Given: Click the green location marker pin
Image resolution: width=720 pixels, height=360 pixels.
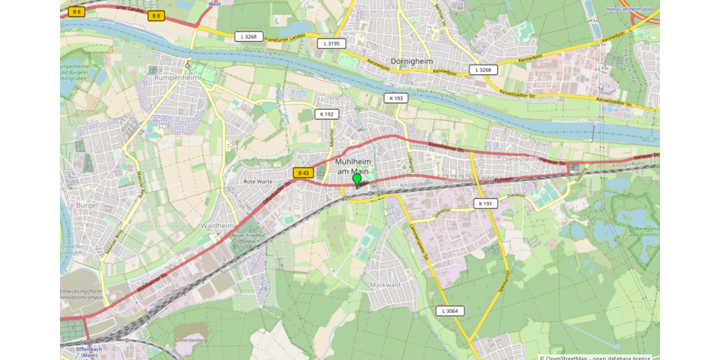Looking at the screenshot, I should tap(357, 180).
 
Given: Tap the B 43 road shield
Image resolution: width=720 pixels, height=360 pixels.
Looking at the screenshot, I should tap(303, 173).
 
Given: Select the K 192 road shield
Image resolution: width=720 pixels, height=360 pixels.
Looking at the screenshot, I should tap(327, 114).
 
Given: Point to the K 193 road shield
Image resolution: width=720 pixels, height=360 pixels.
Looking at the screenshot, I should tap(396, 98).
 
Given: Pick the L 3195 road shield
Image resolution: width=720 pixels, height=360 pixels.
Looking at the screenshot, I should tap(331, 43).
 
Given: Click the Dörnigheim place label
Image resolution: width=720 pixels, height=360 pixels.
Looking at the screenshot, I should tap(412, 61).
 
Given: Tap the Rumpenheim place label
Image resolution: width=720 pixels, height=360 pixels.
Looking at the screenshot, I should tap(176, 78).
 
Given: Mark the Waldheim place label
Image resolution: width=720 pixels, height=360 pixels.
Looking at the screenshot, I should tap(216, 226).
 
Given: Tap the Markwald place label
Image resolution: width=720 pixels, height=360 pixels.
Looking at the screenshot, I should tap(385, 284).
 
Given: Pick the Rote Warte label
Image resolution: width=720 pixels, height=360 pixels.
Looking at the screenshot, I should tap(258, 181).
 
